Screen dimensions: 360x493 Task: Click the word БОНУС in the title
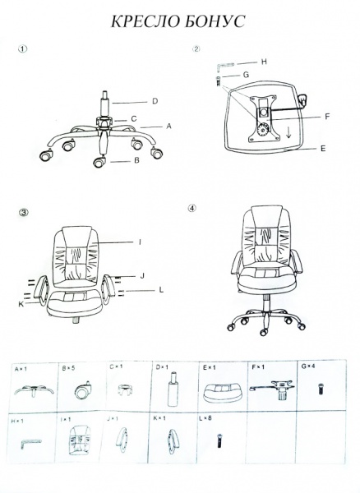click(x=213, y=21)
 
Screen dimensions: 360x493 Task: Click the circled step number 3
click(x=24, y=212)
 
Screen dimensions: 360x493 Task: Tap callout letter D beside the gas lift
click(x=155, y=101)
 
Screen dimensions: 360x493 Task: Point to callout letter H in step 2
click(x=264, y=62)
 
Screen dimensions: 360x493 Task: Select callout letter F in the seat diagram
click(x=327, y=117)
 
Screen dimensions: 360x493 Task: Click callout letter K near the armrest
click(x=21, y=304)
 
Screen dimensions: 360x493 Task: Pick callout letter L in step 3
click(x=161, y=290)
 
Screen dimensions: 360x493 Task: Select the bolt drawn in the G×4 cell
click(x=321, y=389)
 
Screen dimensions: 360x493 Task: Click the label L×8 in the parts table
click(x=205, y=418)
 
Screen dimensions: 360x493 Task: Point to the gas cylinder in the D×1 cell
click(x=173, y=389)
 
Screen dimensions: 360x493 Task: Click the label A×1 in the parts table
click(x=21, y=368)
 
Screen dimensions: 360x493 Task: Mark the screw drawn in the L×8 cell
click(x=219, y=440)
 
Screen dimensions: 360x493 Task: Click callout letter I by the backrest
click(x=141, y=242)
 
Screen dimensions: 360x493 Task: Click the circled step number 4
click(x=192, y=208)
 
